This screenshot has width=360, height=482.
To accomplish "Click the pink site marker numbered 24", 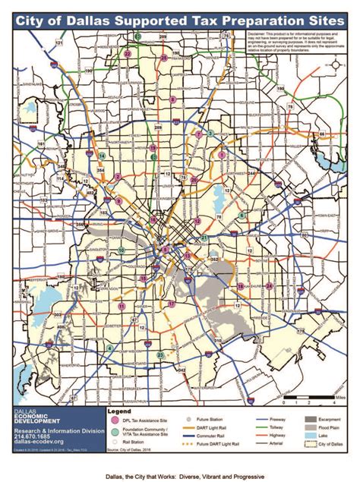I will [269, 285].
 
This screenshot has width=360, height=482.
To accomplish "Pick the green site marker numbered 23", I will [159, 355].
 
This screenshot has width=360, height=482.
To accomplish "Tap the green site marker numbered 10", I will [122, 250].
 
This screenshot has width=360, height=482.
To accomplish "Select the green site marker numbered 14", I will [102, 155].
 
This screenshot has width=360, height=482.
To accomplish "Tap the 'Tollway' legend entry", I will [272, 426].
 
